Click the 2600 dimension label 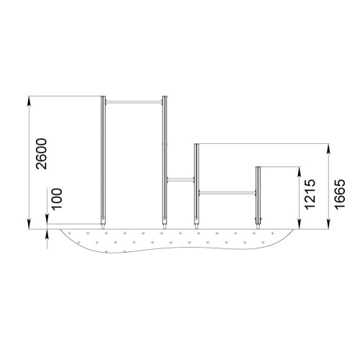pyautogui.click(x=41, y=154)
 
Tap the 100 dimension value pyautogui.click(x=57, y=199)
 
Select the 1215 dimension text pyautogui.click(x=310, y=194)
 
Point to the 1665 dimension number pyautogui.click(x=340, y=194)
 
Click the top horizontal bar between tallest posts pyautogui.click(x=134, y=102)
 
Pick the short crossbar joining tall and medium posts pyautogui.click(x=180, y=179)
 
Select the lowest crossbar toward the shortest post pyautogui.click(x=227, y=193)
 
